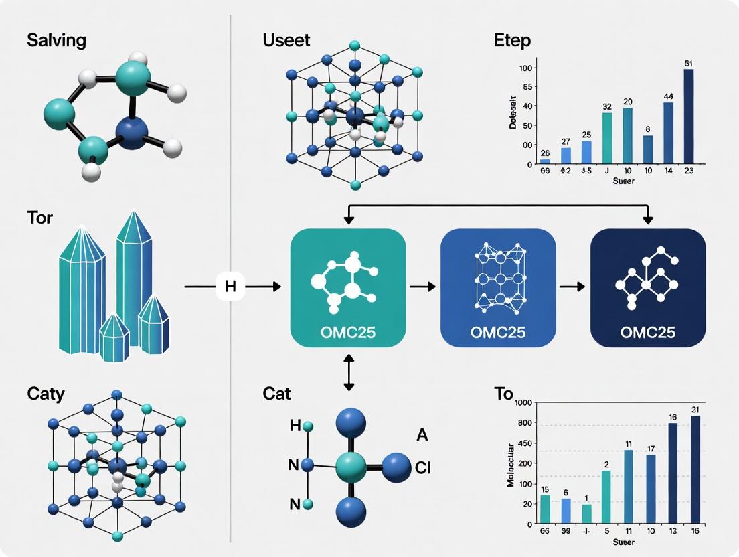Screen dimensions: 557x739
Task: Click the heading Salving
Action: [x=56, y=40]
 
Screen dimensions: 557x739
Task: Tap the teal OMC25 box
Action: [x=347, y=288]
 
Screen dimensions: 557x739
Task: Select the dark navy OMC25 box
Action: [x=647, y=288]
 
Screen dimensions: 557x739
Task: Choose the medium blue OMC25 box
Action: [x=497, y=288]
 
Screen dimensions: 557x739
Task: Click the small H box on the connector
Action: [x=230, y=287]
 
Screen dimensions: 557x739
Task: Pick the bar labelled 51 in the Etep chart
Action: [x=688, y=116]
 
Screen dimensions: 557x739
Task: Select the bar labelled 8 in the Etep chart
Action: [x=648, y=149]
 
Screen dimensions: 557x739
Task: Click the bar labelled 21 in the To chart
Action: [x=695, y=469]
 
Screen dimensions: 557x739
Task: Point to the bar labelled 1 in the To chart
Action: [x=587, y=513]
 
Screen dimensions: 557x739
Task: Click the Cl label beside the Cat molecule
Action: [x=422, y=468]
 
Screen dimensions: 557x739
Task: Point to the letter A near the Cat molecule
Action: [x=422, y=435]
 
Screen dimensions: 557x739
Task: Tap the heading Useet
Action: [x=286, y=40]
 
